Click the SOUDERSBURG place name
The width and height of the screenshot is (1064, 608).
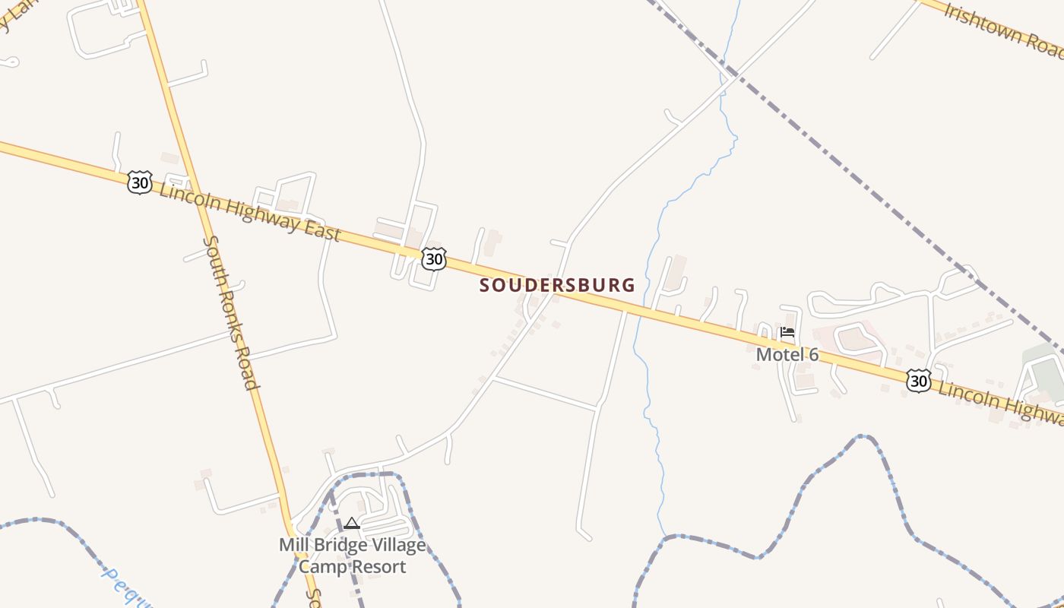557,285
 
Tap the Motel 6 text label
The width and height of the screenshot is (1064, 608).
787,354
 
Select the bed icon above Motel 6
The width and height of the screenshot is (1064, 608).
787,332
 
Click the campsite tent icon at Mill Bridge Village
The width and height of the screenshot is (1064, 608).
351,523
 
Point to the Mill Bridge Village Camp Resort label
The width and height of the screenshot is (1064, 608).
352,556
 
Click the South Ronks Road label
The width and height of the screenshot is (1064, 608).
230,312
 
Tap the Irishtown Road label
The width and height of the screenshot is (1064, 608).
1003,30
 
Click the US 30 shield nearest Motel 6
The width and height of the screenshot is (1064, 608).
918,380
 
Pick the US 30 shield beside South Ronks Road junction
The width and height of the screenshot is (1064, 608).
140,182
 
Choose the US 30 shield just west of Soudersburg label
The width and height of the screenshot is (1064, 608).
433,259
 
